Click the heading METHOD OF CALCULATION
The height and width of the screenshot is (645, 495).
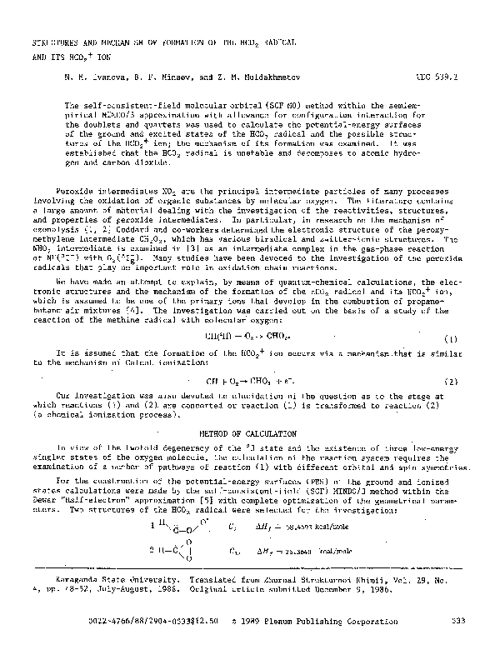(248, 434)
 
